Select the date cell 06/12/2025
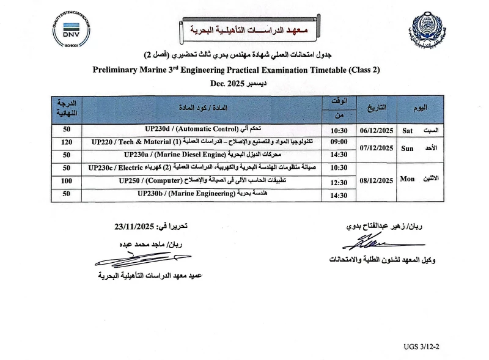pyautogui.click(x=375, y=130)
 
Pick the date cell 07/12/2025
pyautogui.click(x=375, y=148)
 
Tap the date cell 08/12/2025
pyautogui.click(x=375, y=180)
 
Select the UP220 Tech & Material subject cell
pyautogui.click(x=202, y=142)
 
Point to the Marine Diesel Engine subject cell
pyautogui.click(x=202, y=155)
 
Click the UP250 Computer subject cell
pyautogui.click(x=202, y=181)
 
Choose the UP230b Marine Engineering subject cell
pyautogui.click(x=202, y=194)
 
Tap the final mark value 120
pyautogui.click(x=67, y=142)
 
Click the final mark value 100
pyautogui.click(x=67, y=181)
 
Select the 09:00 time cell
pyautogui.click(x=339, y=142)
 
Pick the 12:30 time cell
pyautogui.click(x=339, y=182)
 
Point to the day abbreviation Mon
pyautogui.click(x=407, y=180)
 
